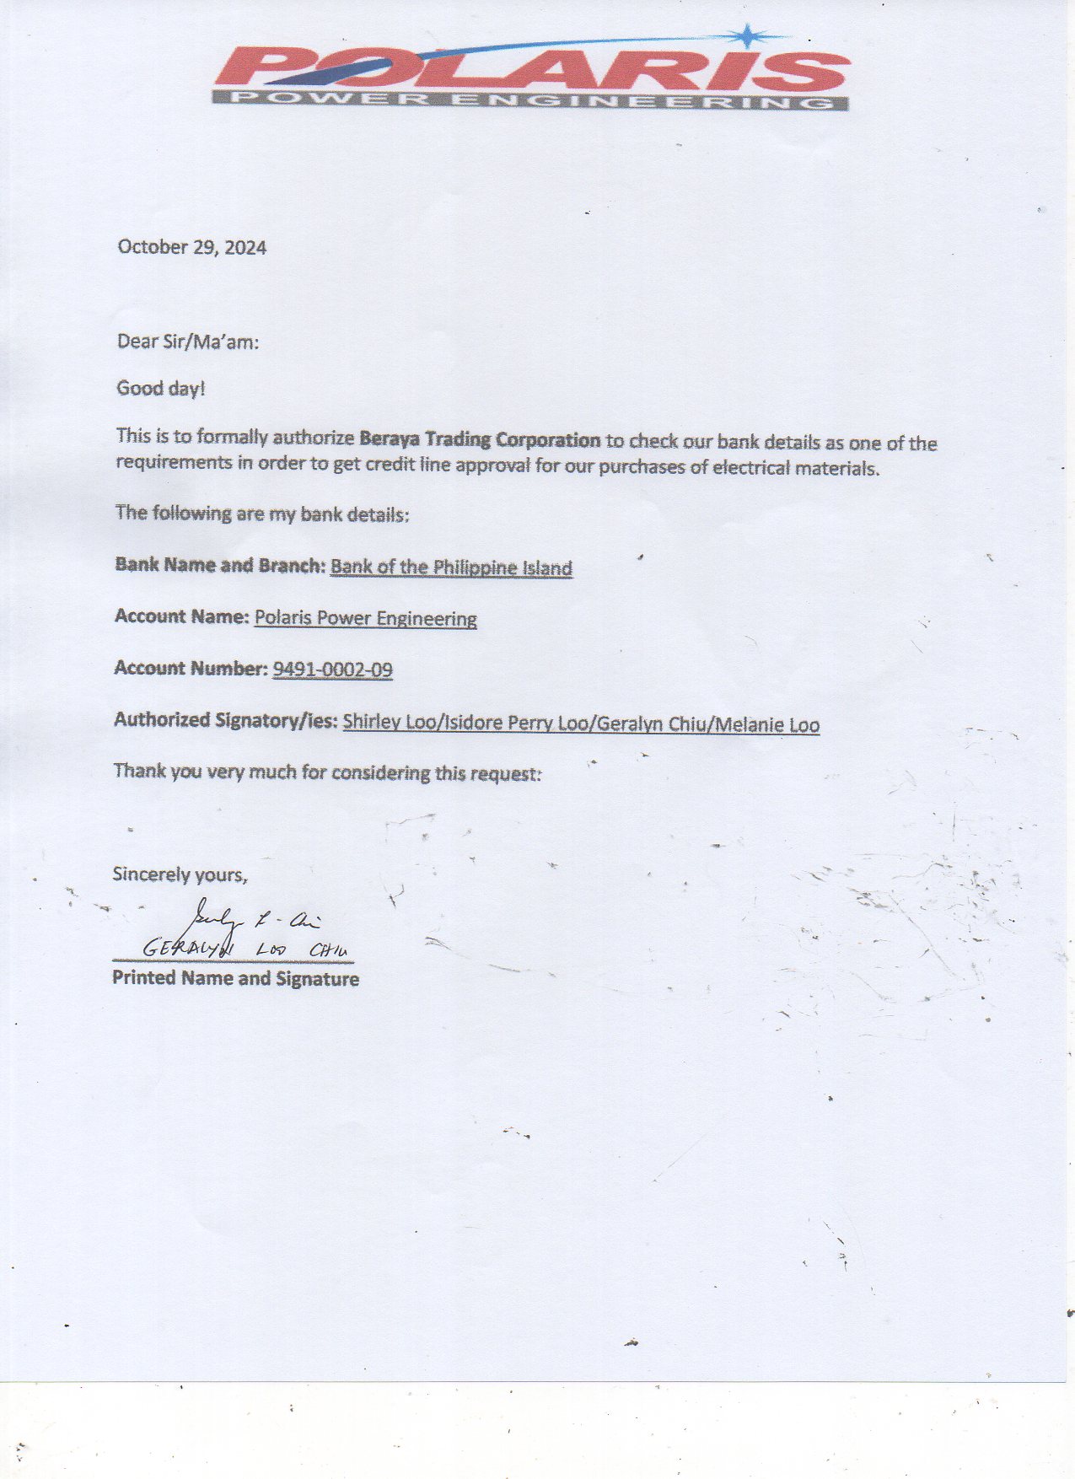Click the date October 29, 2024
pos(191,247)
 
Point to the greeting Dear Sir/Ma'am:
pos(188,342)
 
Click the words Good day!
pos(160,389)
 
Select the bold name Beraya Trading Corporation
pos(479,439)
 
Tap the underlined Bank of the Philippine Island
pos(451,567)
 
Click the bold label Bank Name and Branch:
pos(219,565)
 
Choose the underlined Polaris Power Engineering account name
pos(365,618)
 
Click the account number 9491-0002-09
pos(332,670)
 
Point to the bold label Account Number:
pos(191,668)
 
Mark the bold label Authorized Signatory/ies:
pos(226,720)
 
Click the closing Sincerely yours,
pos(180,874)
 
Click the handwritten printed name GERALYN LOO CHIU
pos(245,949)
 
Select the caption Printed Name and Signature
pos(235,978)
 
